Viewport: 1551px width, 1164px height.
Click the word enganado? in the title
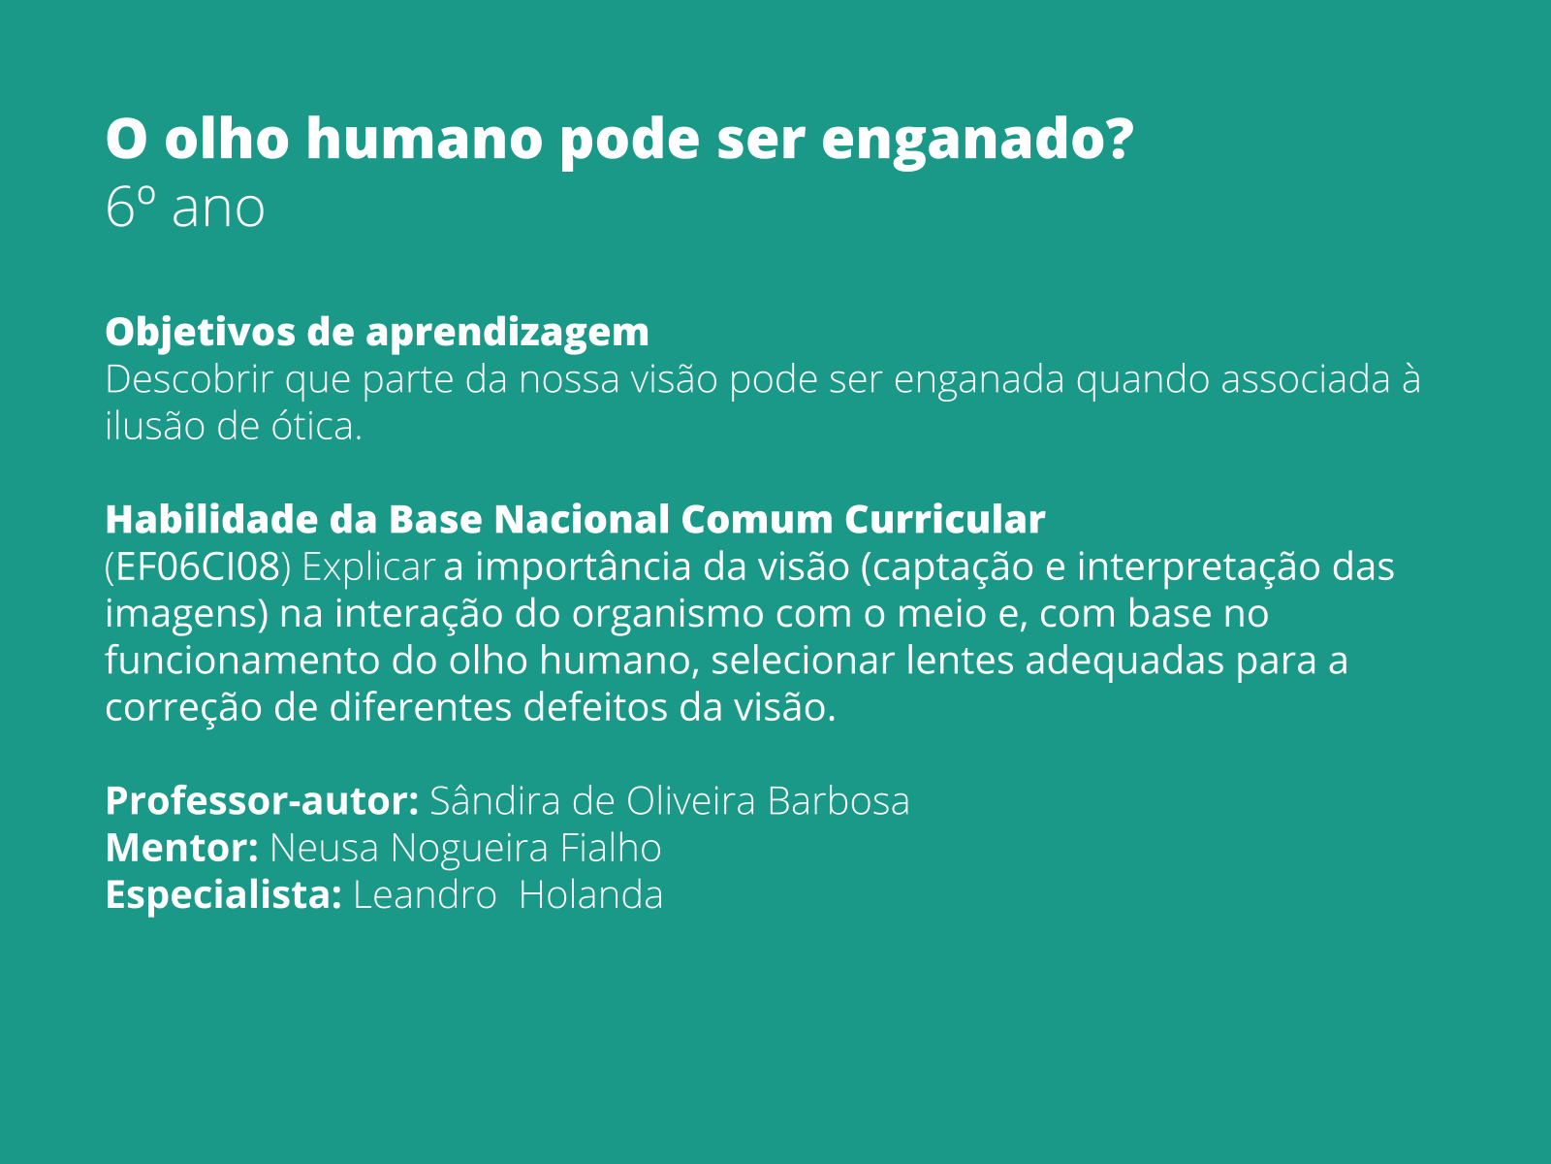[977, 139]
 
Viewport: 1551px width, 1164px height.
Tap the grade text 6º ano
[184, 208]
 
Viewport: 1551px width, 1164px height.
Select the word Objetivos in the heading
[200, 333]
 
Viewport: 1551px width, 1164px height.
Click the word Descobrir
[189, 379]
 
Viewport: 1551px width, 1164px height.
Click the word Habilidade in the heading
[210, 520]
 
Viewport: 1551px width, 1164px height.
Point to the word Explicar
[368, 567]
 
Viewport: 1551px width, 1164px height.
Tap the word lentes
[960, 661]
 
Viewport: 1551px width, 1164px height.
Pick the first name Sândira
[494, 801]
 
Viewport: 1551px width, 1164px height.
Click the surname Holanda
[590, 894]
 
